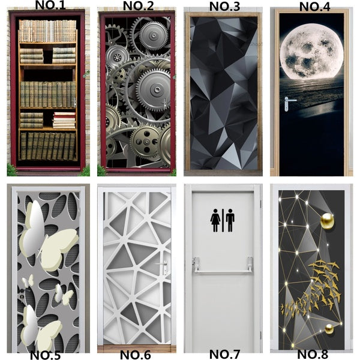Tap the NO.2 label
[138, 6]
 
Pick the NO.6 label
[136, 354]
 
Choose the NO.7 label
[226, 354]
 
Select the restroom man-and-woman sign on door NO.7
[223, 220]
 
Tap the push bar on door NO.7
[222, 271]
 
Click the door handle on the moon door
[290, 100]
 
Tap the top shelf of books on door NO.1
[48, 31]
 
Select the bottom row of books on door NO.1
[48, 146]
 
